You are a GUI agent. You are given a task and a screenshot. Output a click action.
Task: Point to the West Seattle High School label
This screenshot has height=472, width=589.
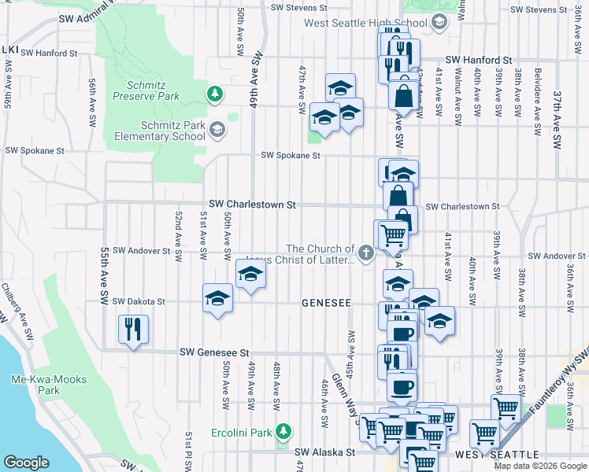pos(368,22)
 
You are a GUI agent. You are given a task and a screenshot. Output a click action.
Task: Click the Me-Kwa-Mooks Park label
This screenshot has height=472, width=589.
pos(49,385)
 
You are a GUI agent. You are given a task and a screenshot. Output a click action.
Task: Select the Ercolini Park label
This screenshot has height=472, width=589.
pos(241,433)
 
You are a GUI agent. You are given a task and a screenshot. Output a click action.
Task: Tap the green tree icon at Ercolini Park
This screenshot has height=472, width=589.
pos(283,431)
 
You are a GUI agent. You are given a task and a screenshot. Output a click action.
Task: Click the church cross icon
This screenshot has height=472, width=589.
pos(365,253)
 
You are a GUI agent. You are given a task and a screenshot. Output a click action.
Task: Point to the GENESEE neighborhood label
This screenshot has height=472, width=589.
pos(325,303)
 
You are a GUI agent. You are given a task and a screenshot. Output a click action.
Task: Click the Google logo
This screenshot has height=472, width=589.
pos(27,463)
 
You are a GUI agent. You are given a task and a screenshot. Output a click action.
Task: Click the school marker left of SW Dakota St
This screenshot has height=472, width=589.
pos(217,299)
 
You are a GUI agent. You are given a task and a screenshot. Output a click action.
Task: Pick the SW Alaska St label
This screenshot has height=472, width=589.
pos(325,452)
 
